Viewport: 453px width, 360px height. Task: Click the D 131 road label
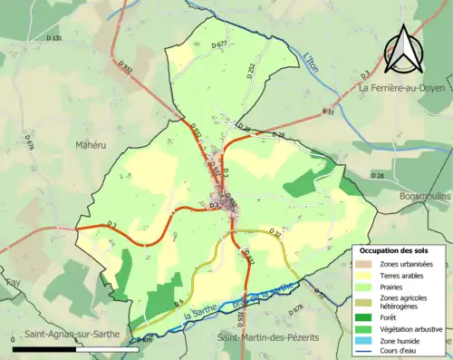pos(54,39)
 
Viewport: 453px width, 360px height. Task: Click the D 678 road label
pos(295,310)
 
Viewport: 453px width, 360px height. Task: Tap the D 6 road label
pos(178,302)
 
